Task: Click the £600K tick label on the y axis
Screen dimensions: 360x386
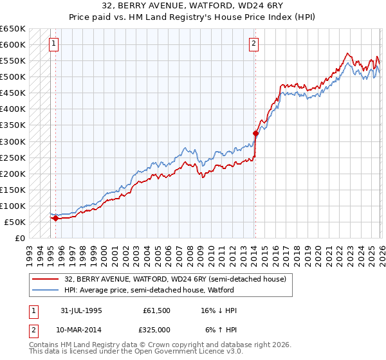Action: click(x=13, y=44)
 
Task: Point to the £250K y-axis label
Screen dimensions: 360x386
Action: click(x=13, y=157)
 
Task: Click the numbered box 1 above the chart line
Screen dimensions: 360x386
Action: click(x=53, y=44)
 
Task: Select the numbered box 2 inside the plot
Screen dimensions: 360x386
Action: click(x=254, y=44)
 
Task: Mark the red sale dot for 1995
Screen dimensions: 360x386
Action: click(x=55, y=218)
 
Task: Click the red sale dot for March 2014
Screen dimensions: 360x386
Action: click(x=255, y=133)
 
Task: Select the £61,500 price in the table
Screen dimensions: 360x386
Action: click(x=157, y=310)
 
